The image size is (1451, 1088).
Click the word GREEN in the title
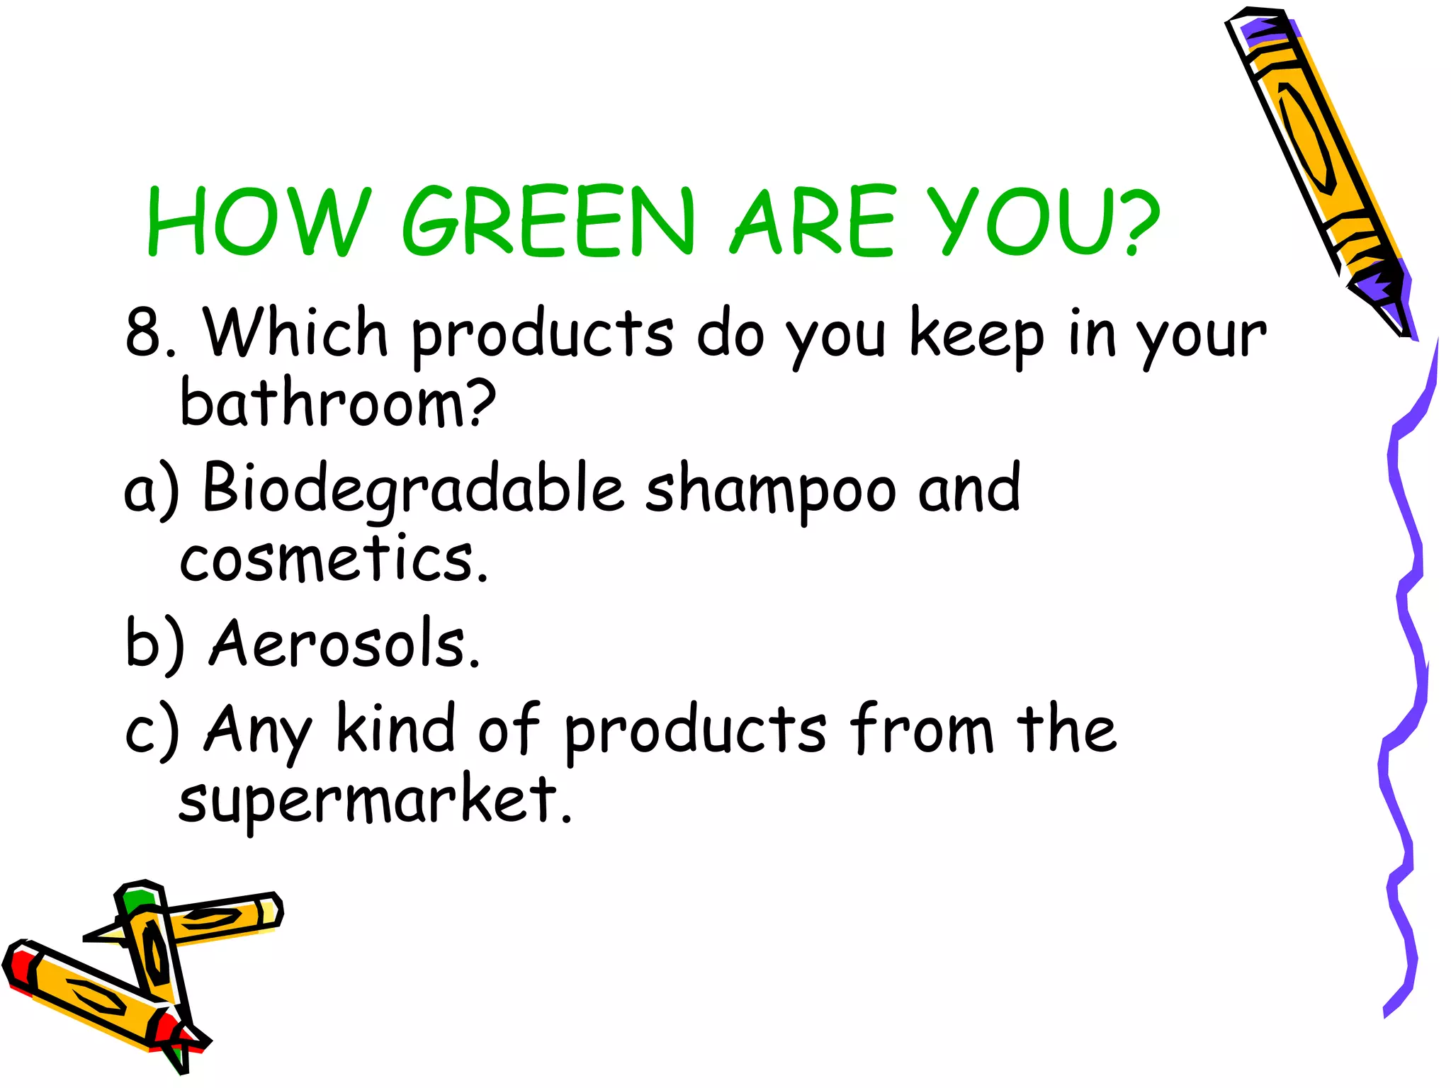[548, 220]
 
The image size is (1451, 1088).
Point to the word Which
[295, 331]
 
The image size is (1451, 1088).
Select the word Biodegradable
[412, 489]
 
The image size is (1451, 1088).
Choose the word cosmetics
[333, 560]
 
